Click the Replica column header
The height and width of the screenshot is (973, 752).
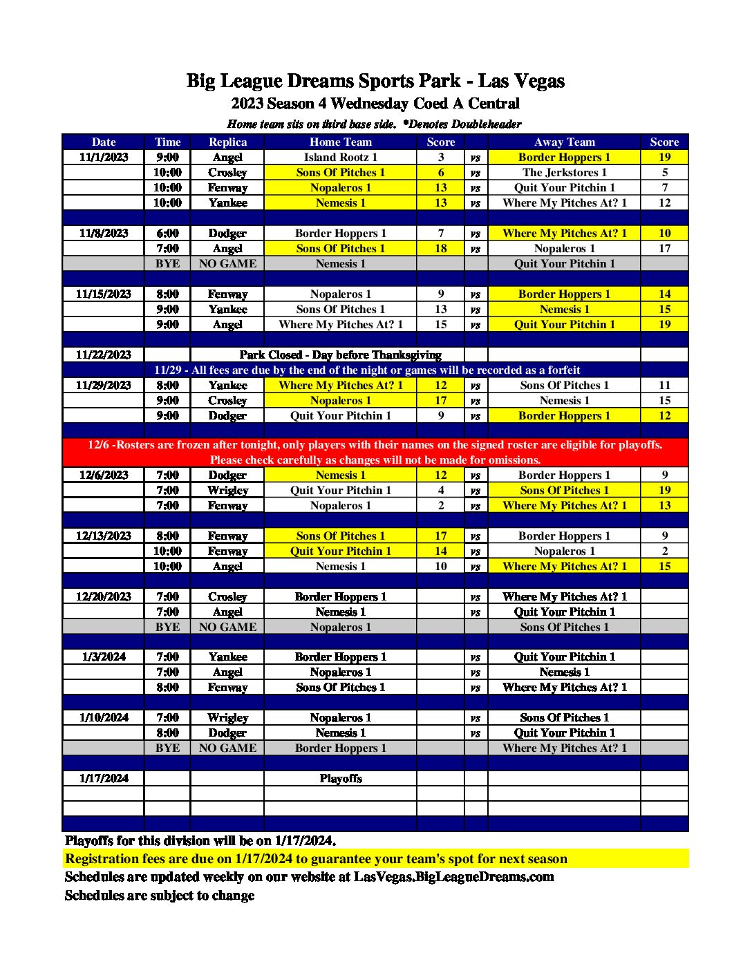[x=227, y=142]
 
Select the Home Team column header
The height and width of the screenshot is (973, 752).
[x=340, y=142]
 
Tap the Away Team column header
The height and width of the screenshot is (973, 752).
[x=564, y=142]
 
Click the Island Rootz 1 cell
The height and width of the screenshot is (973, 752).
[x=340, y=157]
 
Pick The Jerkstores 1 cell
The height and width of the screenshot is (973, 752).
[x=564, y=172]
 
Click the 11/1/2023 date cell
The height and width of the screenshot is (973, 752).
[x=104, y=157]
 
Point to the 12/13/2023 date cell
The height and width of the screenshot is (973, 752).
[x=104, y=536]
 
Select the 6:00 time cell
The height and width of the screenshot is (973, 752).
[x=167, y=233]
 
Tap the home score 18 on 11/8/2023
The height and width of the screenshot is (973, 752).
[x=441, y=248]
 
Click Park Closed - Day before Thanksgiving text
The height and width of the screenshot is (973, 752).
[x=340, y=355]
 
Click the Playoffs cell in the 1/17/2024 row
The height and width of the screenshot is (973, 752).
[x=340, y=778]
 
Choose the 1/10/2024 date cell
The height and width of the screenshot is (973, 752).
[x=104, y=717]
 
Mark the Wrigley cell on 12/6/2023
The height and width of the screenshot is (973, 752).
[x=227, y=490]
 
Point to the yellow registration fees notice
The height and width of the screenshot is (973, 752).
[x=316, y=858]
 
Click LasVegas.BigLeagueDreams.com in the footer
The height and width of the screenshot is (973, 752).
[x=453, y=876]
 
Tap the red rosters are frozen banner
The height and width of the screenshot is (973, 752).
[x=375, y=452]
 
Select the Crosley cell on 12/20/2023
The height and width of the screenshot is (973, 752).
[x=227, y=596]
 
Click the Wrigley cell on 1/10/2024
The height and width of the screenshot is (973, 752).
[x=227, y=717]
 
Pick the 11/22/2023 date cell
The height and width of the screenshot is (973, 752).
[x=104, y=355]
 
